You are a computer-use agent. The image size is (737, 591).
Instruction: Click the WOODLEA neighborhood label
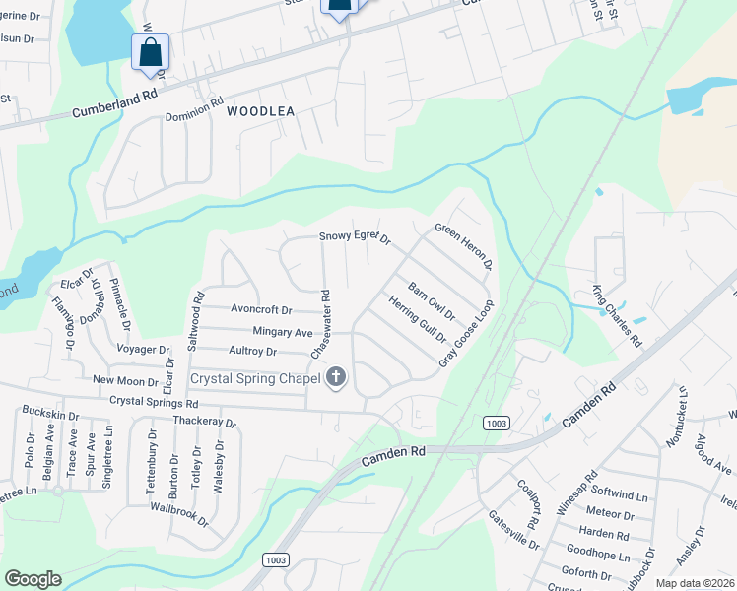[260, 112]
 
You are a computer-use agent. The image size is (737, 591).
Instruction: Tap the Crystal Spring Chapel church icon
[337, 377]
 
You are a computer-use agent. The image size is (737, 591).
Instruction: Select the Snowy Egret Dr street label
[356, 237]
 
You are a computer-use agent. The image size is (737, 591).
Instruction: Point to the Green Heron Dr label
[463, 247]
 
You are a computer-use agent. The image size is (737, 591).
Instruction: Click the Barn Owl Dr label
[432, 301]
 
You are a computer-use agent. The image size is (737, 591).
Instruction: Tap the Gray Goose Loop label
[464, 334]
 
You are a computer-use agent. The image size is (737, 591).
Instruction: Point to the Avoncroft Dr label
[261, 308]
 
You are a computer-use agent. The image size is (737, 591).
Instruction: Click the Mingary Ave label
[283, 332]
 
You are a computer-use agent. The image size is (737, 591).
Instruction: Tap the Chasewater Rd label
[322, 324]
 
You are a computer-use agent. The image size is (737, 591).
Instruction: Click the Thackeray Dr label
[205, 423]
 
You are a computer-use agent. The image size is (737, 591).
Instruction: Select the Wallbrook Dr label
[179, 511]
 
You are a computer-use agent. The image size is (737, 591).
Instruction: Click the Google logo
[33, 579]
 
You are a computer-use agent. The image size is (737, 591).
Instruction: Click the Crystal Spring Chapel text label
[255, 377]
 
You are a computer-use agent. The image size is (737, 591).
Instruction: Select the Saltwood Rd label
[195, 321]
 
